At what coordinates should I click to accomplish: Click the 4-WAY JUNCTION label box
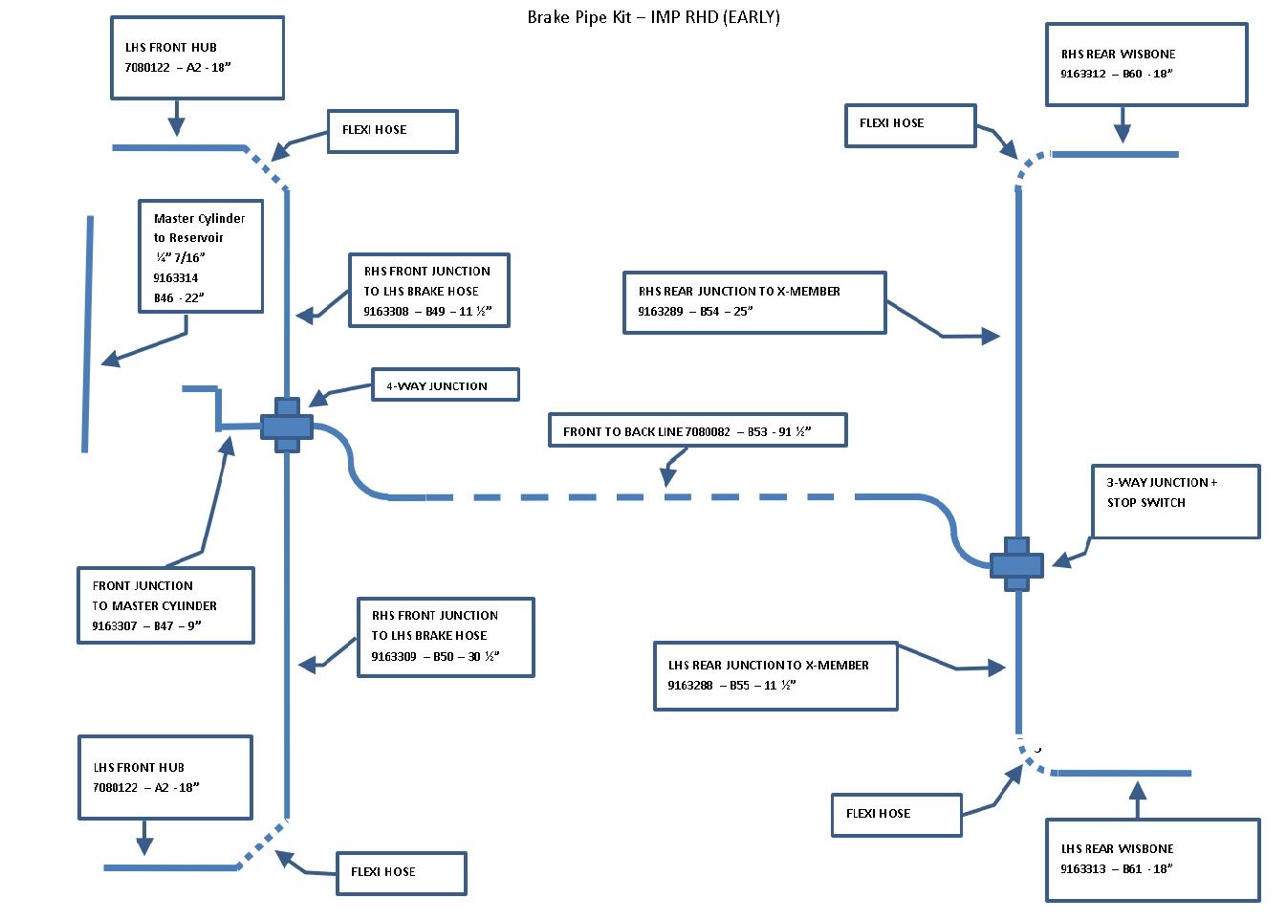[x=446, y=385]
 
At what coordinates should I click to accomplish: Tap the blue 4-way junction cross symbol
[x=287, y=426]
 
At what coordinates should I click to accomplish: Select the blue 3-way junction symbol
[x=1016, y=564]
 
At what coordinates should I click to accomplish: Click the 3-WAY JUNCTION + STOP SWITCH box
[x=1175, y=501]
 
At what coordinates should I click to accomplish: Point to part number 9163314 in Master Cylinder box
[x=176, y=278]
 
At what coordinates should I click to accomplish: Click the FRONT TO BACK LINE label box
[x=697, y=431]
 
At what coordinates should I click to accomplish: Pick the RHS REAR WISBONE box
[x=1145, y=64]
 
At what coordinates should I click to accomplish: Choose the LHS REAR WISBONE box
[x=1152, y=859]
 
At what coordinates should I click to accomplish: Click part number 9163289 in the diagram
[x=661, y=312]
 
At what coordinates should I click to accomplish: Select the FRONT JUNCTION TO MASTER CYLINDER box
[x=165, y=605]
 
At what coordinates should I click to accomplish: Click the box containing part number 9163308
[x=428, y=290]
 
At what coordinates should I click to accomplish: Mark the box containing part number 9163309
[x=445, y=637]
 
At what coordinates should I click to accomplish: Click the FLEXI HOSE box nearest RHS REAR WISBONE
[x=909, y=125]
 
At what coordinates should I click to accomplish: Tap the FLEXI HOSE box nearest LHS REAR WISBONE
[x=896, y=815]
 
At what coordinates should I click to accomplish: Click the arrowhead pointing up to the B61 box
[x=1137, y=791]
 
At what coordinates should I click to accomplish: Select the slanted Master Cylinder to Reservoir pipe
[x=88, y=335]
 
